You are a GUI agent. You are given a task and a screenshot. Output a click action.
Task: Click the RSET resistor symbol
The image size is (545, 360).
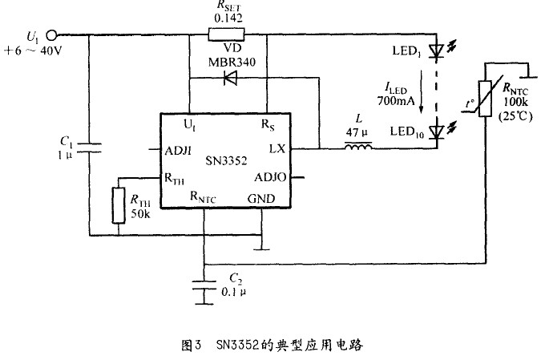pyautogui.click(x=226, y=34)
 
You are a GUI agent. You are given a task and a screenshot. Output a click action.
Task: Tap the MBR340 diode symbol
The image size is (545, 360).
pyautogui.click(x=230, y=78)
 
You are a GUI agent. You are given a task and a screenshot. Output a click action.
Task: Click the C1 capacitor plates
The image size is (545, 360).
pyautogui.click(x=89, y=148)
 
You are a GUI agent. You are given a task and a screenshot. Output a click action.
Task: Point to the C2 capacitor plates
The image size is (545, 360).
pyautogui.click(x=204, y=285)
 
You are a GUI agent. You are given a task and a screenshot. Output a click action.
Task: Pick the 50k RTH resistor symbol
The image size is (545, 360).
pyautogui.click(x=119, y=205)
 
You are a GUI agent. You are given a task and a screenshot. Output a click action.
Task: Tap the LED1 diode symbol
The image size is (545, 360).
pyautogui.click(x=436, y=51)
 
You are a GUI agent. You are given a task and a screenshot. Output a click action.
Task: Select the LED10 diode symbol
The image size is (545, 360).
pyautogui.click(x=437, y=131)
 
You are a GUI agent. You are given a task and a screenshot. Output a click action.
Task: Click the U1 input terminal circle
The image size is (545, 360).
pyautogui.click(x=52, y=35)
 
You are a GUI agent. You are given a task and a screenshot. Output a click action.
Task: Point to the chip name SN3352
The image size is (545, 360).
pyautogui.click(x=226, y=160)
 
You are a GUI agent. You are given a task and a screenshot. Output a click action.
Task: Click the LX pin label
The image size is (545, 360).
pyautogui.click(x=277, y=149)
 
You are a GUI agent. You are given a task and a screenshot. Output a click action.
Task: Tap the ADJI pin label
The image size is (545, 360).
pyautogui.click(x=178, y=151)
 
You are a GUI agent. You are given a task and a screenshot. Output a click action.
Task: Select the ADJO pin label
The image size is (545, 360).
pyautogui.click(x=270, y=177)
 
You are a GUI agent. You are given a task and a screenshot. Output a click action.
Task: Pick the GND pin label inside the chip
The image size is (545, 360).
pyautogui.click(x=261, y=199)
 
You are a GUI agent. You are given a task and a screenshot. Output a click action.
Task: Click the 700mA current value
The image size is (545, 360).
pyautogui.click(x=396, y=101)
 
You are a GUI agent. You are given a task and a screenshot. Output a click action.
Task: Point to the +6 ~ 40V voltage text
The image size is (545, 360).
pyautogui.click(x=33, y=51)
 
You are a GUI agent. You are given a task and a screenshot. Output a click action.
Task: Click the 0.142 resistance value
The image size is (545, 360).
pyautogui.click(x=228, y=18)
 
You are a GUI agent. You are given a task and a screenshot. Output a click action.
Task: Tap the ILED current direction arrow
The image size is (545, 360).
pyautogui.click(x=422, y=92)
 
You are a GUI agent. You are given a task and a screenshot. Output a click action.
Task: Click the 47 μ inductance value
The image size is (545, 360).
pyautogui.click(x=357, y=132)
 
